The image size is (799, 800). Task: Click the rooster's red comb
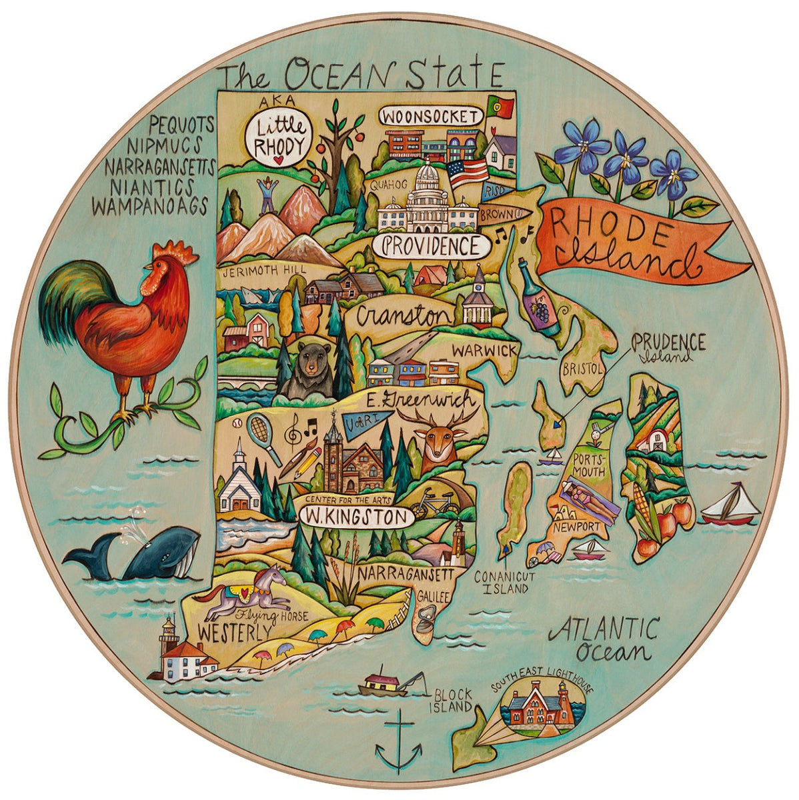tap(175, 252)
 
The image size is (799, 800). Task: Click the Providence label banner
tap(431, 247)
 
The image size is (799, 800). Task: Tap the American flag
tap(468, 171)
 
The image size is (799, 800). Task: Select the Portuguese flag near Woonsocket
tap(500, 105)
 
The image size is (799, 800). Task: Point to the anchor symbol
tap(398, 743)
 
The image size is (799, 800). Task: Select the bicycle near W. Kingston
tap(434, 507)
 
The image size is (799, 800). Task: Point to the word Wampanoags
tap(150, 206)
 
